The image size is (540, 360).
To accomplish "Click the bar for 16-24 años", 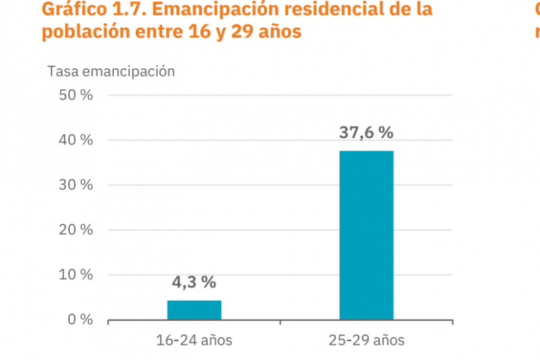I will point(194,310).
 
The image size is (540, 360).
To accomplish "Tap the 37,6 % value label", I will point(366,133).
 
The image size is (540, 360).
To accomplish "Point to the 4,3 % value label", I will point(194,282).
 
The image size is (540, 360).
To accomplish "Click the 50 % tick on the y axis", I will point(75,95).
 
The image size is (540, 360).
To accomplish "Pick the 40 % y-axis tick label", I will point(75,140).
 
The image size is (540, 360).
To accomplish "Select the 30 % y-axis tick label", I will point(75,185).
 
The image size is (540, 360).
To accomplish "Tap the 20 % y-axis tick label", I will point(75,229).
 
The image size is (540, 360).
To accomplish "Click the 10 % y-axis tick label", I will point(75,274).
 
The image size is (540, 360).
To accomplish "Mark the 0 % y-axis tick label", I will point(79,319).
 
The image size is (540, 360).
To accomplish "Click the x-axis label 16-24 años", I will point(194,340).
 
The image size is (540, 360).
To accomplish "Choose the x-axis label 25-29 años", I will point(366,340).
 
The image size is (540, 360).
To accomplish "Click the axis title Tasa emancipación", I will point(111,71).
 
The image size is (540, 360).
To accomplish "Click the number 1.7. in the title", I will point(124,10).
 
